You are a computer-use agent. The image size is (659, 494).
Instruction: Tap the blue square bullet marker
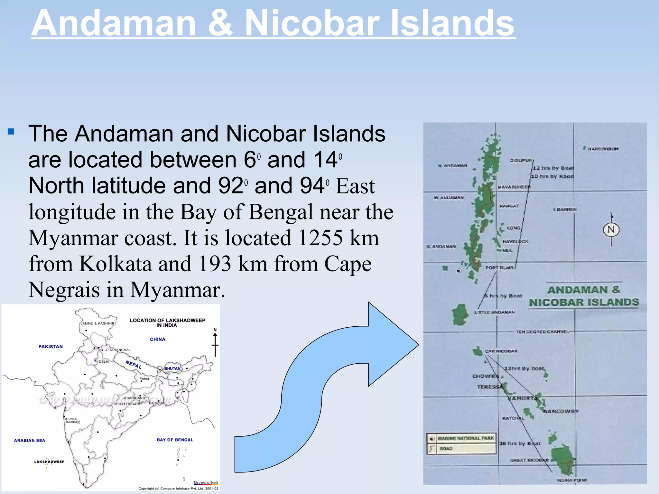click(11, 132)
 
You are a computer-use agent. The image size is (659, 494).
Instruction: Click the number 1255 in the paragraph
click(320, 238)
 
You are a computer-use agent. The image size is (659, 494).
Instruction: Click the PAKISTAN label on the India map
click(51, 347)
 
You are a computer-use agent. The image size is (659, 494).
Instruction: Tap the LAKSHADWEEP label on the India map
click(49, 461)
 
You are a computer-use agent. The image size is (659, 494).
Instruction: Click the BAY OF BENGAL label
click(175, 440)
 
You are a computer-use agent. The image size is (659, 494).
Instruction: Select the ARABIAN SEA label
click(29, 441)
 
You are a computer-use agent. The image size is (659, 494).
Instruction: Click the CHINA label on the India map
click(158, 339)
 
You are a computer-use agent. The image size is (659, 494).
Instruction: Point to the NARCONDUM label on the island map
click(603, 149)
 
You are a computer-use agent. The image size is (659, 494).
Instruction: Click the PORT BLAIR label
click(499, 268)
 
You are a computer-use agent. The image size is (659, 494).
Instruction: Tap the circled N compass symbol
click(611, 230)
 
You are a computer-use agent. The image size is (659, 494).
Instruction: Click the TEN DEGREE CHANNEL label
click(542, 331)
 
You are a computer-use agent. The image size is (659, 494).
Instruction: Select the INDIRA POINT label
click(571, 480)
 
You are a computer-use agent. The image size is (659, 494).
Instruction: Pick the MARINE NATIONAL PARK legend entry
click(465, 438)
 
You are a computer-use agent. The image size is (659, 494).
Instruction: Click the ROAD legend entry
click(446, 449)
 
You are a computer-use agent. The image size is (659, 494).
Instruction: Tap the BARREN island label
click(567, 210)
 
